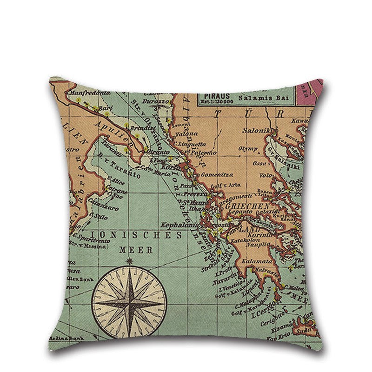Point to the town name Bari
[106, 108]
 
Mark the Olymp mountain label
[248, 149]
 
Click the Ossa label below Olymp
[259, 163]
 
